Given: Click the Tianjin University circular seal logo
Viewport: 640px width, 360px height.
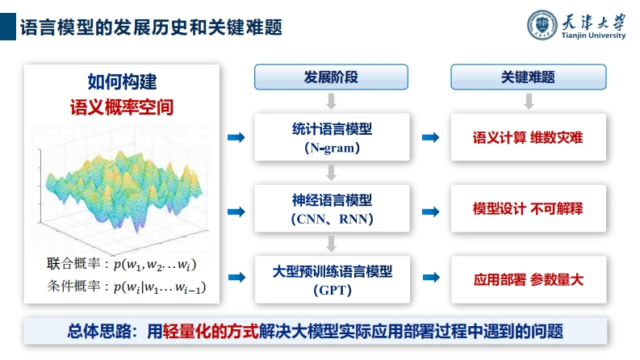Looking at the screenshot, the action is [x=542, y=25].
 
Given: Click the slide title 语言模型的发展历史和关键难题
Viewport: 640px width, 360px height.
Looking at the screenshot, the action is [x=151, y=27].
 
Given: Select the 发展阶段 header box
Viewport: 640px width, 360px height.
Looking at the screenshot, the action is [x=331, y=77].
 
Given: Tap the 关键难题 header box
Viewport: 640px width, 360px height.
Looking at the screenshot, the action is [x=528, y=77].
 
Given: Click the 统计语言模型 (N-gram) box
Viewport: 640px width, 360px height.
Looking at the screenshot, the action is [x=332, y=137].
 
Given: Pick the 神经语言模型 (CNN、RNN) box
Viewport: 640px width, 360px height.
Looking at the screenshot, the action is [x=332, y=208].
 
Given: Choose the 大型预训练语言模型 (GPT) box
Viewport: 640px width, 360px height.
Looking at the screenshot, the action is [x=333, y=279].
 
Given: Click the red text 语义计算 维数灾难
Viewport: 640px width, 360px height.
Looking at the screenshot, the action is [x=528, y=137].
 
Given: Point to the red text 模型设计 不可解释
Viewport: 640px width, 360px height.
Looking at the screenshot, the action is [x=528, y=208].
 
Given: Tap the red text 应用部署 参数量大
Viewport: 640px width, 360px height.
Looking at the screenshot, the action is [x=528, y=279].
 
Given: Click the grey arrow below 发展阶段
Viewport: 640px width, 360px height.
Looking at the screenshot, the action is [x=332, y=101].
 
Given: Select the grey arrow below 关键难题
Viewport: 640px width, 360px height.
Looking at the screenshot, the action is [x=529, y=101].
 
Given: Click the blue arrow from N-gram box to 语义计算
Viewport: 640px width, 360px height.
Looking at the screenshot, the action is [x=431, y=137].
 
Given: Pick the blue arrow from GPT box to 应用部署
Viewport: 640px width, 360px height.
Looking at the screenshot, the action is [x=431, y=278].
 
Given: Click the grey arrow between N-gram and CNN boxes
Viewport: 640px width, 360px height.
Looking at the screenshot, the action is [x=332, y=173].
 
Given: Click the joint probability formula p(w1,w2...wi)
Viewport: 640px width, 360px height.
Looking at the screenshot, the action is [x=155, y=265].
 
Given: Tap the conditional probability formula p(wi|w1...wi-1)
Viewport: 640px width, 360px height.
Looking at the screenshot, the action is [x=160, y=287].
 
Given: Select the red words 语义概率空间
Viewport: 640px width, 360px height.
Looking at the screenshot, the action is [x=122, y=107].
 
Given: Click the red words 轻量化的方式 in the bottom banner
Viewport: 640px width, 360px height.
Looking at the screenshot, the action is [x=211, y=331].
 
